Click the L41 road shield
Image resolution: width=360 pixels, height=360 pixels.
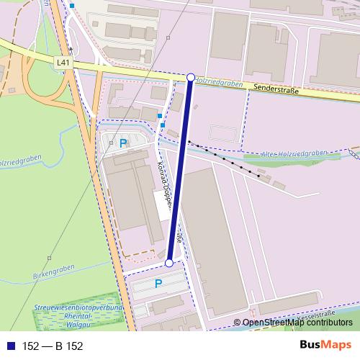[63, 63]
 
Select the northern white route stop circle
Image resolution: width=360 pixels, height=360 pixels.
[191, 77]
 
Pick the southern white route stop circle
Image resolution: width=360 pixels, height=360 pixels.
[169, 264]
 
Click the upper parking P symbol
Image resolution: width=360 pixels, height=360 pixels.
[123, 143]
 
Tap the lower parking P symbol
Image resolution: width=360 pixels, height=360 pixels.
[158, 284]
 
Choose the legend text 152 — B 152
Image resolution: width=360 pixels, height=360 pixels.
[53, 346]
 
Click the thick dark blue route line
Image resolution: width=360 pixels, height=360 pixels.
[180, 170]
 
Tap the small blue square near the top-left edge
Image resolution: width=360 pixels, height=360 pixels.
[72, 5]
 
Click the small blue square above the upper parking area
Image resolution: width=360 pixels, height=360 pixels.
[160, 114]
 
